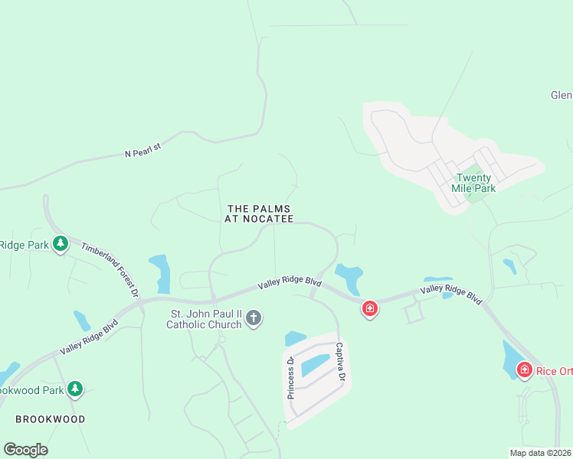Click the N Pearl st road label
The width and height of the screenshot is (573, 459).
[x=144, y=151]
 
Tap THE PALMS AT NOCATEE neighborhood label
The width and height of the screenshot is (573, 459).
[x=260, y=213]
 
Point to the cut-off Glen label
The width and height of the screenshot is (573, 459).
[x=561, y=96]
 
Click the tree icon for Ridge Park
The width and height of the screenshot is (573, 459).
[x=61, y=244]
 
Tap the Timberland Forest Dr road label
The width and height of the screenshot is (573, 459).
[x=110, y=270]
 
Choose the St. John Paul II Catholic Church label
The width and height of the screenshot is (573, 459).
[x=205, y=319]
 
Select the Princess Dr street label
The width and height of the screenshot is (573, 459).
[x=291, y=379]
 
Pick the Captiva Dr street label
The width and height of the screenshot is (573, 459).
[x=341, y=361]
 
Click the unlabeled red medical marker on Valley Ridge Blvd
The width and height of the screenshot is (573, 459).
[x=370, y=308]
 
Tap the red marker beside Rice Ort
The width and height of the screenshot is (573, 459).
[x=525, y=370]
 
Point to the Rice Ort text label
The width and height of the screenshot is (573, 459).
[x=554, y=372]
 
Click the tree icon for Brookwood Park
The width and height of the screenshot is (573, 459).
[x=74, y=389]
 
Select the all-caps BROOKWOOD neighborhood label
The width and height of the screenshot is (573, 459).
[x=51, y=419]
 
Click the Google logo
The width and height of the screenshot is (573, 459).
[x=25, y=450]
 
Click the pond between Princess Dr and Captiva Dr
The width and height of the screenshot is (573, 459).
[x=316, y=366]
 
